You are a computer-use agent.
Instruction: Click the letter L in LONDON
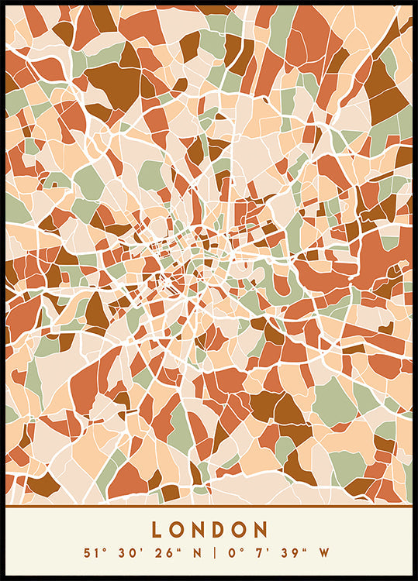click(x=157, y=530)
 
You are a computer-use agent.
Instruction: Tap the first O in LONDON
click(x=178, y=530)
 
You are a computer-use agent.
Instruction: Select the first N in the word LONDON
click(x=199, y=530)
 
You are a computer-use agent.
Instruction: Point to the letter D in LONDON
click(x=220, y=530)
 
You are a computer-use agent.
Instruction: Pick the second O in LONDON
click(x=241, y=530)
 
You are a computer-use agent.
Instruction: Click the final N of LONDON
click(x=262, y=530)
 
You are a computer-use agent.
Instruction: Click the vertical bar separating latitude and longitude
click(x=209, y=553)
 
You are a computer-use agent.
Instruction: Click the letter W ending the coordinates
click(x=323, y=553)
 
